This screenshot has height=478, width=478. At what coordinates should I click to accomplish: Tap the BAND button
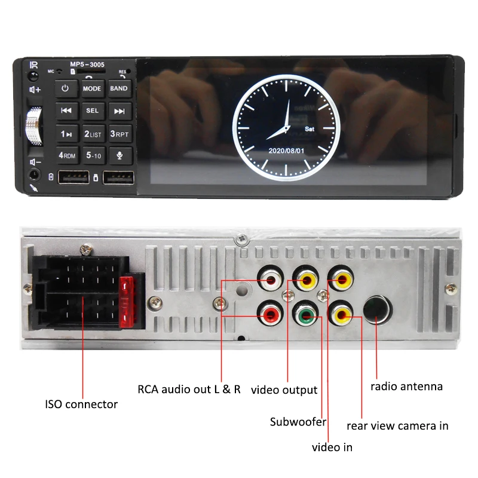pyautogui.click(x=119, y=88)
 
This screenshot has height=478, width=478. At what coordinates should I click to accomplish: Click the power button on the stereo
pyautogui.click(x=65, y=88)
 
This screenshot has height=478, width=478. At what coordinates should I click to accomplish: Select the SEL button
pyautogui.click(x=92, y=111)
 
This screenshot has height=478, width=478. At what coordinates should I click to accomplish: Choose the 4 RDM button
pyautogui.click(x=66, y=155)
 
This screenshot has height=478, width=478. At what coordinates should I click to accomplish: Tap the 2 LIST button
pyautogui.click(x=93, y=133)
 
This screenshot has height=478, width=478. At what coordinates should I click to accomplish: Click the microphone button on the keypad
pyautogui.click(x=119, y=155)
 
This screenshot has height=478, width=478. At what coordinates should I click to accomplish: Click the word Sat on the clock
pyautogui.click(x=310, y=128)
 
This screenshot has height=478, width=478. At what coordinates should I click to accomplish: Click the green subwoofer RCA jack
pyautogui.click(x=305, y=314)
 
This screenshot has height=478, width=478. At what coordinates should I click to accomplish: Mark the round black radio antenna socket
pyautogui.click(x=378, y=310)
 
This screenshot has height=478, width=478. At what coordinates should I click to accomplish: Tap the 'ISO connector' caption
pyautogui.click(x=81, y=405)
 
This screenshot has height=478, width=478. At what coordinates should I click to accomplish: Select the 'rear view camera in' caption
pyautogui.click(x=397, y=426)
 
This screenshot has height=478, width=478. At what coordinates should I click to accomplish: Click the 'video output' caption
pyautogui.click(x=284, y=390)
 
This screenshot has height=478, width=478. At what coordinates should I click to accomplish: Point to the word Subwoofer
pyautogui.click(x=298, y=422)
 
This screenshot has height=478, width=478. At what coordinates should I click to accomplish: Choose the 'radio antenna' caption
pyautogui.click(x=406, y=387)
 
